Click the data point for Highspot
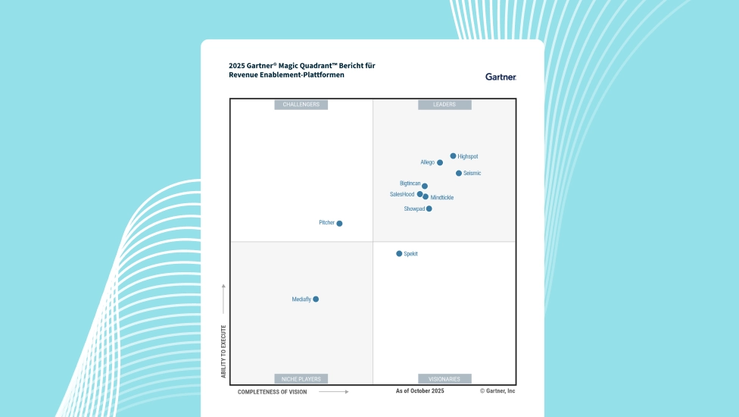(x=454, y=156)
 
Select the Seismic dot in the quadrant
(x=459, y=174)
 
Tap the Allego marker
(x=440, y=162)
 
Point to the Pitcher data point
(x=339, y=224)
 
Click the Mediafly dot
(x=316, y=299)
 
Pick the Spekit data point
(x=399, y=254)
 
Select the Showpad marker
(x=429, y=208)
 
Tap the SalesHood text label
(x=402, y=194)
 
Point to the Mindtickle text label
(x=442, y=198)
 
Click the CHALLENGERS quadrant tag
(x=301, y=105)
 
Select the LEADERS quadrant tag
(x=444, y=105)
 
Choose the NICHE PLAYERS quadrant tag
(x=301, y=379)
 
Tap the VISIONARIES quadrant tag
(x=444, y=379)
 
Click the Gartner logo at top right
(x=500, y=77)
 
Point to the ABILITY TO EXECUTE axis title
(x=223, y=351)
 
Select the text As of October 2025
(x=420, y=391)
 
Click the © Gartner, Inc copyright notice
(x=497, y=391)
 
